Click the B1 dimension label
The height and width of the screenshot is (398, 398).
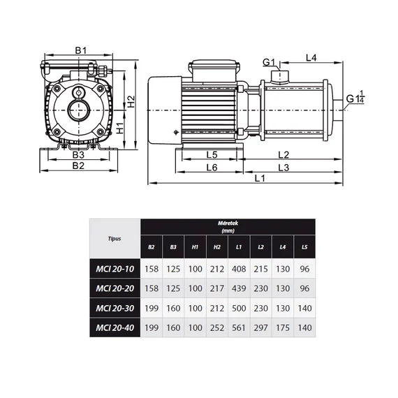point(81,50)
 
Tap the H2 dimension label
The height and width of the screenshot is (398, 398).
point(131,101)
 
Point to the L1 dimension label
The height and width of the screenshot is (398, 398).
point(260,178)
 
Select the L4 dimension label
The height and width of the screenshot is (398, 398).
point(311,58)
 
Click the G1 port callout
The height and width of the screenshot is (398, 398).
point(269,62)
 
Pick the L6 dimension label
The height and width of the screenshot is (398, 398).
point(212,168)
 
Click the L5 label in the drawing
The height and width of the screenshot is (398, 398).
point(212,154)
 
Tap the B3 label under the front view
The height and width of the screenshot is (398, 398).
point(78,154)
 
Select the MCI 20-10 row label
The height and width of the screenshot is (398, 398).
point(115,269)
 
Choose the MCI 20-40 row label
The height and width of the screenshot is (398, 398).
point(115,327)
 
